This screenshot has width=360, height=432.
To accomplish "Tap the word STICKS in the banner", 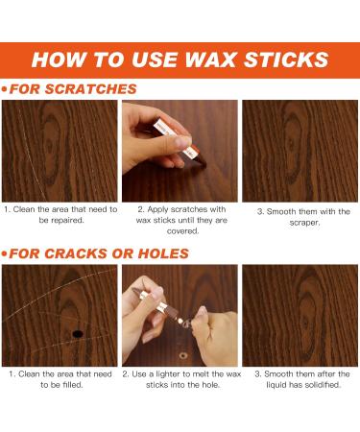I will tap(289, 59).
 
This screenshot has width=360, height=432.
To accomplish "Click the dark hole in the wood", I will tap(77, 333).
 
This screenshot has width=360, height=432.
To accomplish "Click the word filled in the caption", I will tap(69, 385).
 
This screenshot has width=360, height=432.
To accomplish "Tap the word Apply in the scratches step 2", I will tap(160, 208).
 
